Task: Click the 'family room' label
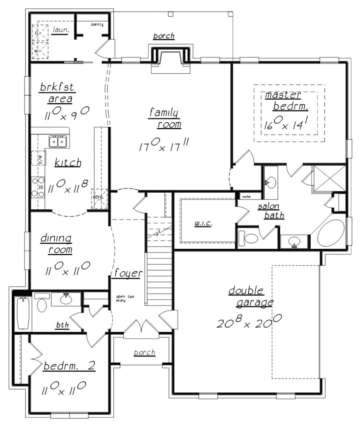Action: pos(164,119)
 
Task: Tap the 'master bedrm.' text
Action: pos(287,101)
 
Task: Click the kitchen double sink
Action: pos(58,142)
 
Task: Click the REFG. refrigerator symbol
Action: pos(99,198)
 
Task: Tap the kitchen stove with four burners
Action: pos(38,187)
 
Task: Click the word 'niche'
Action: pos(246,197)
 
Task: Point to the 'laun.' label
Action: pos(60,30)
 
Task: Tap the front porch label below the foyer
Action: pos(144,352)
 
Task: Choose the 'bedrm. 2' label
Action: pos(69,367)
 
